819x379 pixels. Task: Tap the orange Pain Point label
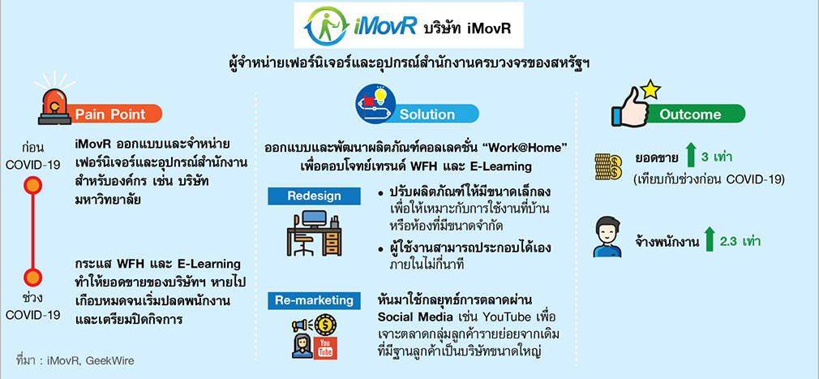[113, 114]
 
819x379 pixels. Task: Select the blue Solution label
[435, 114]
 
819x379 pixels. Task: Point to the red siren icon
[54, 102]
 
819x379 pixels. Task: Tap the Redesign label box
[314, 196]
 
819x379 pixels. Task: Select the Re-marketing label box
[314, 300]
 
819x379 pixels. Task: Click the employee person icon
[608, 239]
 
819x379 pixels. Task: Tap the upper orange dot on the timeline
[33, 185]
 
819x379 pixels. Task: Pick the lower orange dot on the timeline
[33, 277]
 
